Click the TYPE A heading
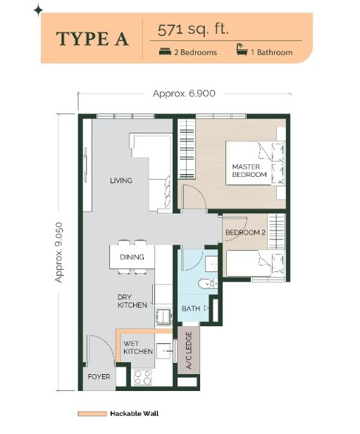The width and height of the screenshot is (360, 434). (92, 39)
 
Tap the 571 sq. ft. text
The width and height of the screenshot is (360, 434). (193, 30)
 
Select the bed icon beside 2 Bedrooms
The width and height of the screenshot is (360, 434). (165, 51)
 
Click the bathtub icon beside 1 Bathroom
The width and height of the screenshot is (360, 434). (242, 49)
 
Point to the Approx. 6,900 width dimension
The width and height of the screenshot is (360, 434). (184, 94)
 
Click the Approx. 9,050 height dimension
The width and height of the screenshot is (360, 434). (59, 252)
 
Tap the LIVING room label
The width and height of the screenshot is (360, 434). (121, 181)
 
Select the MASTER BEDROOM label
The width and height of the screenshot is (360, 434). (249, 170)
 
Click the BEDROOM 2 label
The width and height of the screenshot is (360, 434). (245, 232)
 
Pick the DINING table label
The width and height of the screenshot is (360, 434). (132, 257)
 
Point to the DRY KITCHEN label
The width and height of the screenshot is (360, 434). (132, 301)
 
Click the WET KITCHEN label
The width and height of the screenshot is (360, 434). (138, 347)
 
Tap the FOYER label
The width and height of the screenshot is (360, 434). (99, 377)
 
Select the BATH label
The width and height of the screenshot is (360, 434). (191, 309)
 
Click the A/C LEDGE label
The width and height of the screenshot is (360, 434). (189, 350)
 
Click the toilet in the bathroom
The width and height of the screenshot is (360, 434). (208, 283)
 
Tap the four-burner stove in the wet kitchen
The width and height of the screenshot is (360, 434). (143, 377)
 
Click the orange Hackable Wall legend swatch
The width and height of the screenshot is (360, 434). (92, 414)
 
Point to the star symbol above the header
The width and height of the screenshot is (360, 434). (38, 11)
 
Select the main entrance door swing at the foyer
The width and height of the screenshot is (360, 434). (101, 350)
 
